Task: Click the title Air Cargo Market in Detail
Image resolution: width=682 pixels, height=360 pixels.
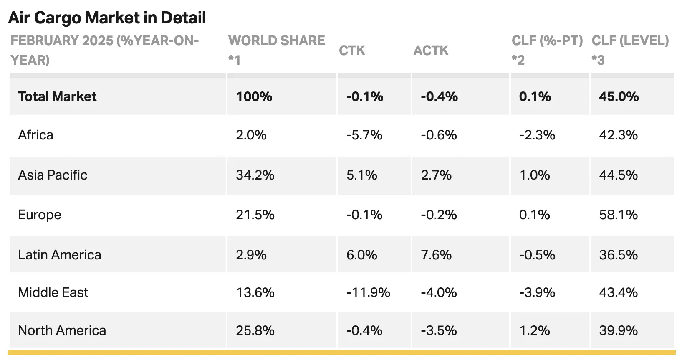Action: coord(107,18)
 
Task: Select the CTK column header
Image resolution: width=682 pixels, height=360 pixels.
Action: coord(352,51)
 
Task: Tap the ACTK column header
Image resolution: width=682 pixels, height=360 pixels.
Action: coord(431,51)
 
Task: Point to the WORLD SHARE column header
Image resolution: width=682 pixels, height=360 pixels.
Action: coord(276,50)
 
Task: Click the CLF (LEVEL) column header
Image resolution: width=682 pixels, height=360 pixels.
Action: coord(630,50)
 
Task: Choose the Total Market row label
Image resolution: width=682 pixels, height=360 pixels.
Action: coord(57,96)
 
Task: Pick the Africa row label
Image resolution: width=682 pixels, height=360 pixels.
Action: coord(35,135)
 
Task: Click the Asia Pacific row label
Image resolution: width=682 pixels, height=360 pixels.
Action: coord(53,175)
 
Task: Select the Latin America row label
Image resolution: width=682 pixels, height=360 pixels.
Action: coord(60,255)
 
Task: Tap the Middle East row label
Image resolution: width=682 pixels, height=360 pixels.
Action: coord(53,292)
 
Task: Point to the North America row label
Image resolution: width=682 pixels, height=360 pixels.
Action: coord(62,330)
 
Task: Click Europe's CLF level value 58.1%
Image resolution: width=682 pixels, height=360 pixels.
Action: coord(619,215)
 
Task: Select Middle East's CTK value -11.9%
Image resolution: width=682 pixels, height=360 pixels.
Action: coord(368,292)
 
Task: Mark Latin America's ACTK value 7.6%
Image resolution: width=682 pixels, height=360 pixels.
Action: coord(436,255)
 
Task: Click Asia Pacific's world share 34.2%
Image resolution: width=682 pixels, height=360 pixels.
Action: coord(255,175)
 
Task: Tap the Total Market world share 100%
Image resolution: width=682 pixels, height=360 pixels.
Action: coord(254,96)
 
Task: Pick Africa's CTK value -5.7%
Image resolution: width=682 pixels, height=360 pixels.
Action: coord(364,135)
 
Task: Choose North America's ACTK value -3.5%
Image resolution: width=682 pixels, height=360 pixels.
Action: coord(439,330)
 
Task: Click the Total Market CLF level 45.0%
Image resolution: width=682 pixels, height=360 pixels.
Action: coord(619,96)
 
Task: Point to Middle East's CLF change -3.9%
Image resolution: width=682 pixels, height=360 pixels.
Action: coord(537,292)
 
